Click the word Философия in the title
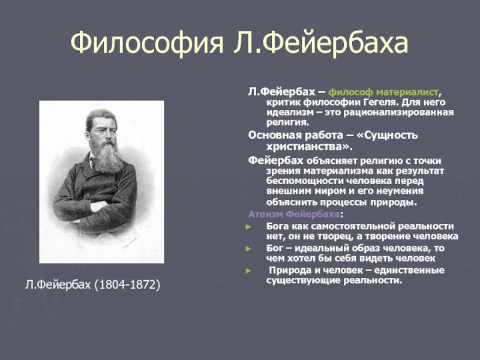pyautogui.click(x=147, y=43)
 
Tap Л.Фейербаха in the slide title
pyautogui.click(x=321, y=43)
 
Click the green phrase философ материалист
pyautogui.click(x=383, y=92)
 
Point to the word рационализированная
pyautogui.click(x=398, y=112)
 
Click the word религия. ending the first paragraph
pyautogui.click(x=288, y=122)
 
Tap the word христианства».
pyautogui.click(x=309, y=147)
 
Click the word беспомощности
pyautogui.click(x=305, y=181)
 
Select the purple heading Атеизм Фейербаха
pyautogui.click(x=293, y=214)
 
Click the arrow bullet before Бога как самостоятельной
pyautogui.click(x=248, y=227)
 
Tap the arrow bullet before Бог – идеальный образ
pyautogui.click(x=248, y=248)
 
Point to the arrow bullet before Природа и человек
pyautogui.click(x=248, y=271)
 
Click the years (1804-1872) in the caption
pyautogui.click(x=127, y=284)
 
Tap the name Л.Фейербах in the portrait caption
pyautogui.click(x=58, y=284)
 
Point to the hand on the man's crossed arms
pyautogui.click(x=98, y=206)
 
